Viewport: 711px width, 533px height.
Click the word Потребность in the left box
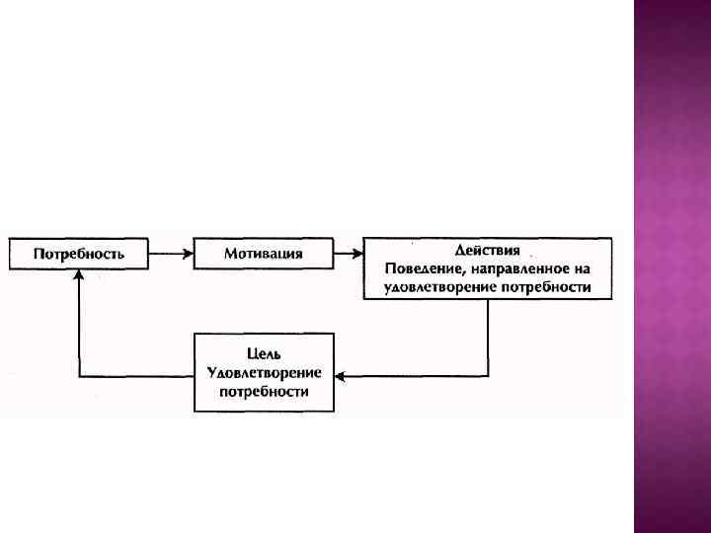pyautogui.click(x=79, y=254)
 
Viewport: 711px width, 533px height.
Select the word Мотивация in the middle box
pyautogui.click(x=263, y=254)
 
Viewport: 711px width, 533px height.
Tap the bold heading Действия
pyautogui.click(x=488, y=251)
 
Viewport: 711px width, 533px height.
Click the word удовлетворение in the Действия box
pyautogui.click(x=434, y=288)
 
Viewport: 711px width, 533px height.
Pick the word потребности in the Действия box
pyautogui.click(x=547, y=288)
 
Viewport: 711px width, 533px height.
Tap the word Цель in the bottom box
pyautogui.click(x=264, y=353)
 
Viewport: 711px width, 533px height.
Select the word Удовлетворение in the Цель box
pyautogui.click(x=264, y=372)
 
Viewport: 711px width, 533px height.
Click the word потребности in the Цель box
pyautogui.click(x=264, y=391)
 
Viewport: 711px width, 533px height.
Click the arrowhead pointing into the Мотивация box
pyautogui.click(x=188, y=254)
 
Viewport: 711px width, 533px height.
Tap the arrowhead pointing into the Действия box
pyautogui.click(x=356, y=254)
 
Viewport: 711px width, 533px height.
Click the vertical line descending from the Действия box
pyautogui.click(x=488, y=336)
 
